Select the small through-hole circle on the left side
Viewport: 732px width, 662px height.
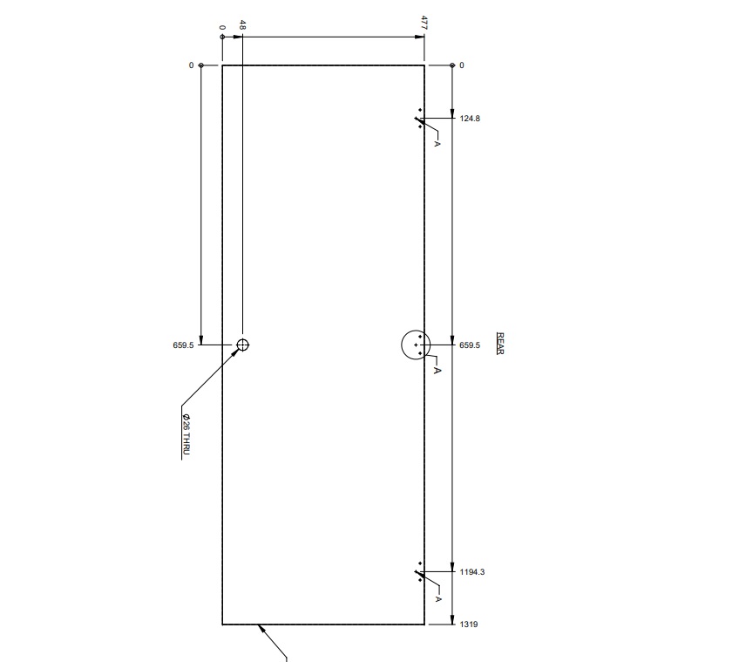coord(242,345)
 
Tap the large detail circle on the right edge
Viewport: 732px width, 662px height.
coord(417,345)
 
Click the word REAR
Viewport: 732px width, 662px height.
coord(500,343)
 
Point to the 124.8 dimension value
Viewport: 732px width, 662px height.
coord(470,118)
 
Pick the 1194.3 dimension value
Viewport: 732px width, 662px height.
coord(471,572)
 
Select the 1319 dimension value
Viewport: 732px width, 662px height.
coord(468,624)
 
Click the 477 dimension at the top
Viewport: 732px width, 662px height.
coord(424,22)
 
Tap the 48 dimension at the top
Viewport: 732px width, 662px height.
coord(242,26)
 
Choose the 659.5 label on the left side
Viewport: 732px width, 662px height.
coord(183,345)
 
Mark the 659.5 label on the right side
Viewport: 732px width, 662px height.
coord(469,345)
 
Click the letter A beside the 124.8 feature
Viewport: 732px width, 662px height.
coord(437,143)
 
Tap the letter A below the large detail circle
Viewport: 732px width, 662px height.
coord(437,371)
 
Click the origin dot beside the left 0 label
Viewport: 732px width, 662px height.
coord(201,65)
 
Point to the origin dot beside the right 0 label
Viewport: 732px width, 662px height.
coord(451,65)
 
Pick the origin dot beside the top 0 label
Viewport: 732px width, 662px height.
coord(222,38)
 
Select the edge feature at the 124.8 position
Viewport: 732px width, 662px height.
coord(420,119)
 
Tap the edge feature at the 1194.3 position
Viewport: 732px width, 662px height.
coord(420,572)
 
